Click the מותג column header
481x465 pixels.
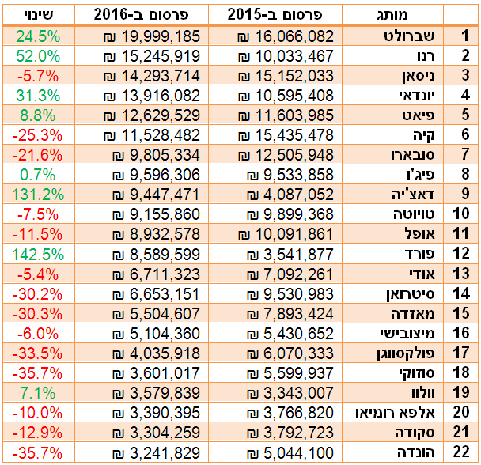pos(393,14)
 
